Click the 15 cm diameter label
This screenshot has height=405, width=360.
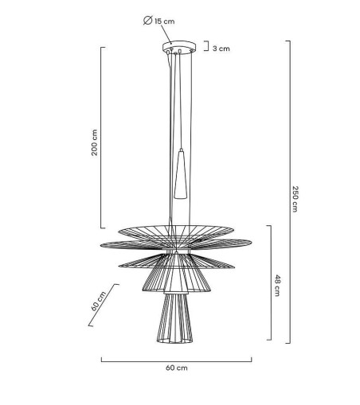[x=164, y=21]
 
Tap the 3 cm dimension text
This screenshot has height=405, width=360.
[x=221, y=49]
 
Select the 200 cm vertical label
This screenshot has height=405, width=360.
[x=94, y=142]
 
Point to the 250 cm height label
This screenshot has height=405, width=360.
[x=295, y=199]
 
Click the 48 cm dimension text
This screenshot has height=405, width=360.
[x=277, y=286]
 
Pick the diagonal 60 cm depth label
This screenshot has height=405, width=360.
[x=98, y=301]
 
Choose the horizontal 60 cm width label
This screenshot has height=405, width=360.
[x=177, y=368]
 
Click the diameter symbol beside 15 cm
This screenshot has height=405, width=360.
[x=147, y=21]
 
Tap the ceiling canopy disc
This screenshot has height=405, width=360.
[x=179, y=47]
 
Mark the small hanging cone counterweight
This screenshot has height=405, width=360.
[x=181, y=174]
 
